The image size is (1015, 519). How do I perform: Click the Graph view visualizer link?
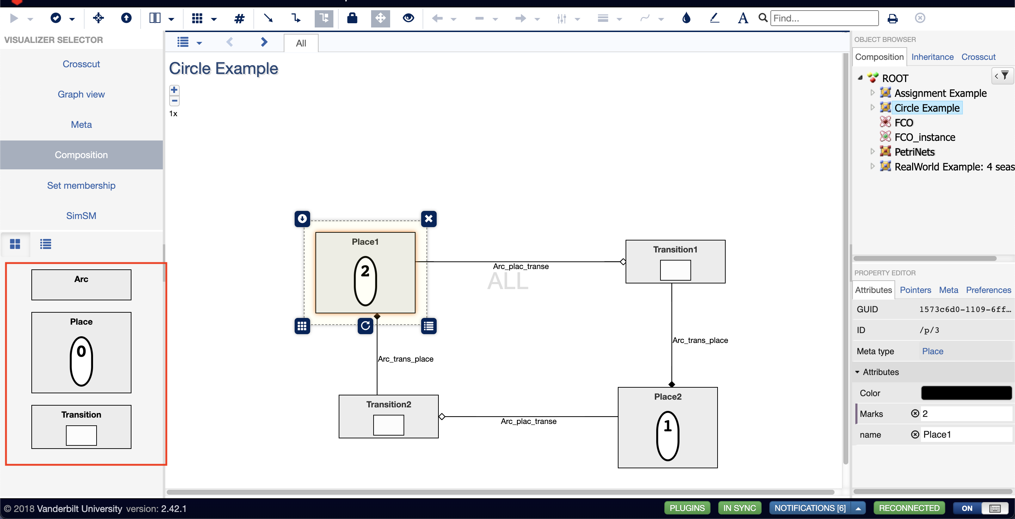81,94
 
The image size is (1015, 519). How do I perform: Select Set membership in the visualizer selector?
81,186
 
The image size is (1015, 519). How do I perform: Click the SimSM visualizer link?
81,216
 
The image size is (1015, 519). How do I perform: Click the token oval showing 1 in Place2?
668,436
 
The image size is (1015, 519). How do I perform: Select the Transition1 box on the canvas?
675,262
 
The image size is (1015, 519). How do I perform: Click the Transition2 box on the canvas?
388,416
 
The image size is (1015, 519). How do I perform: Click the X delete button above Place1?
429,219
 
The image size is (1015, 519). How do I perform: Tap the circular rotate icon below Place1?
365,326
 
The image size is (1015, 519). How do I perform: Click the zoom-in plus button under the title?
174,90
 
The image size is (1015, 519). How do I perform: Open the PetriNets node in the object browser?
914,152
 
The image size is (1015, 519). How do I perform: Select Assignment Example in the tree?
940,93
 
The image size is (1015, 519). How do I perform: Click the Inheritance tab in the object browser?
932,57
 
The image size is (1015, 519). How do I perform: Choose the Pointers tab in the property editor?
915,290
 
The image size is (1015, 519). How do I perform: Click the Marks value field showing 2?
965,414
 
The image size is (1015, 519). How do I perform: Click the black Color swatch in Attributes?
966,393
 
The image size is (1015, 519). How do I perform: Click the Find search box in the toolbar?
824,18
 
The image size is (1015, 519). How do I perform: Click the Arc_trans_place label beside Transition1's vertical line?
700,340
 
